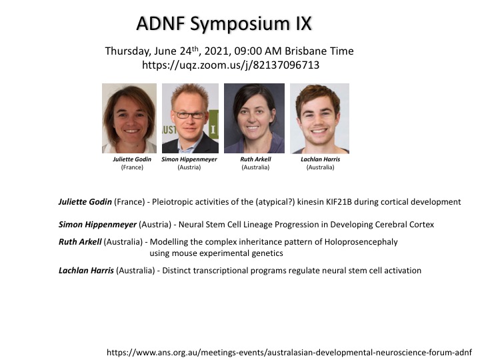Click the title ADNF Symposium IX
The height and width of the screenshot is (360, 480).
[x=224, y=24]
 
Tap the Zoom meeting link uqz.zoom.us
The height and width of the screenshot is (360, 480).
[x=231, y=65]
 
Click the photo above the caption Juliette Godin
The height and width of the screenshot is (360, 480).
[x=129, y=118]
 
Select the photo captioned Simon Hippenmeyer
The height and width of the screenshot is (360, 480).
[x=190, y=118]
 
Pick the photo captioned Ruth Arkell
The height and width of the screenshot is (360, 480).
[x=254, y=118]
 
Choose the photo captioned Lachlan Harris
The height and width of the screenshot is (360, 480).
[x=319, y=118]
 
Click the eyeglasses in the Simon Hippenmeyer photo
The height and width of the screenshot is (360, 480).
[x=190, y=115]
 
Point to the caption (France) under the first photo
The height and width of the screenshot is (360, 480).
[x=132, y=167]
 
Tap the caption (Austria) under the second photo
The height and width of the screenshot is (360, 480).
[x=189, y=167]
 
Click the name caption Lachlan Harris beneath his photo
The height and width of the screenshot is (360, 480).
[x=320, y=159]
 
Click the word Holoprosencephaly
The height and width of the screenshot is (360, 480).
[x=361, y=242]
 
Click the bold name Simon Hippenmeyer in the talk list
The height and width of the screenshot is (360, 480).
[x=97, y=225]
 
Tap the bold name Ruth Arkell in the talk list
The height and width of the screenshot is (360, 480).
[x=80, y=242]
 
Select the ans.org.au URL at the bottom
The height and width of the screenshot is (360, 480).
[x=289, y=353]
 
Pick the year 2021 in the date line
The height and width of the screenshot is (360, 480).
[x=217, y=51]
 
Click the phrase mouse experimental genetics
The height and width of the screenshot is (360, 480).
[x=227, y=253]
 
